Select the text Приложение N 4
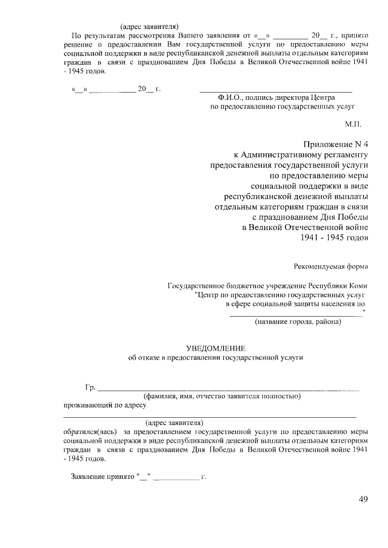point(336,144)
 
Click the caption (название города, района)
point(298,322)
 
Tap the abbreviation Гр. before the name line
point(90,387)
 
